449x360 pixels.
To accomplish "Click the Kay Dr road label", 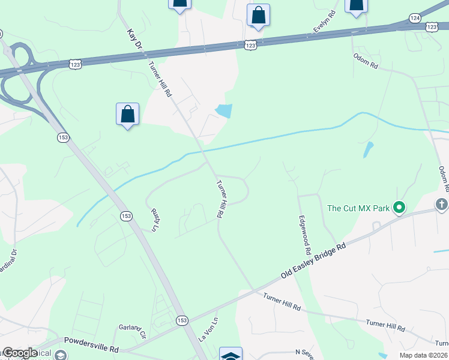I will point(134,40).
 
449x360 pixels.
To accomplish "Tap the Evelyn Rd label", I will point(323,22).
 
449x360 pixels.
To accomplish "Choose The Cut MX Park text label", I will point(358,209).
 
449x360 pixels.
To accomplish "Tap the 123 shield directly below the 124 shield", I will point(432,26).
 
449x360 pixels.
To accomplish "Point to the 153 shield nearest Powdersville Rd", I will point(182,321).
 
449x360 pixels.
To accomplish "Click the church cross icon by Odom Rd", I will point(442,205).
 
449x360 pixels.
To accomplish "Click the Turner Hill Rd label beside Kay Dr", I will point(160,80).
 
